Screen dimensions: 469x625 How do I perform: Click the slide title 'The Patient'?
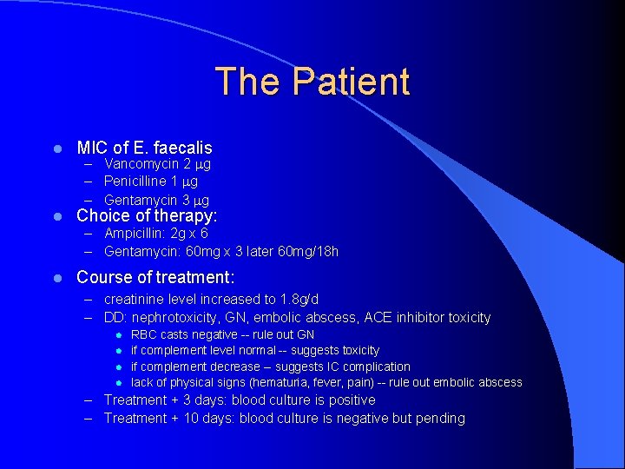coord(312,82)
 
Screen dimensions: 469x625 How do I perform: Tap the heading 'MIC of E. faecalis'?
coord(144,148)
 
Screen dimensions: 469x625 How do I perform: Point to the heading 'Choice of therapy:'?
coord(147,215)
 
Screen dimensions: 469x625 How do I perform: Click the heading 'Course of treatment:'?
coord(155,278)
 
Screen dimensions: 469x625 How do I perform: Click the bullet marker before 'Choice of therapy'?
coord(56,216)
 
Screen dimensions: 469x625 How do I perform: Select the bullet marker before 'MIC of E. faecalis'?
coord(56,149)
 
